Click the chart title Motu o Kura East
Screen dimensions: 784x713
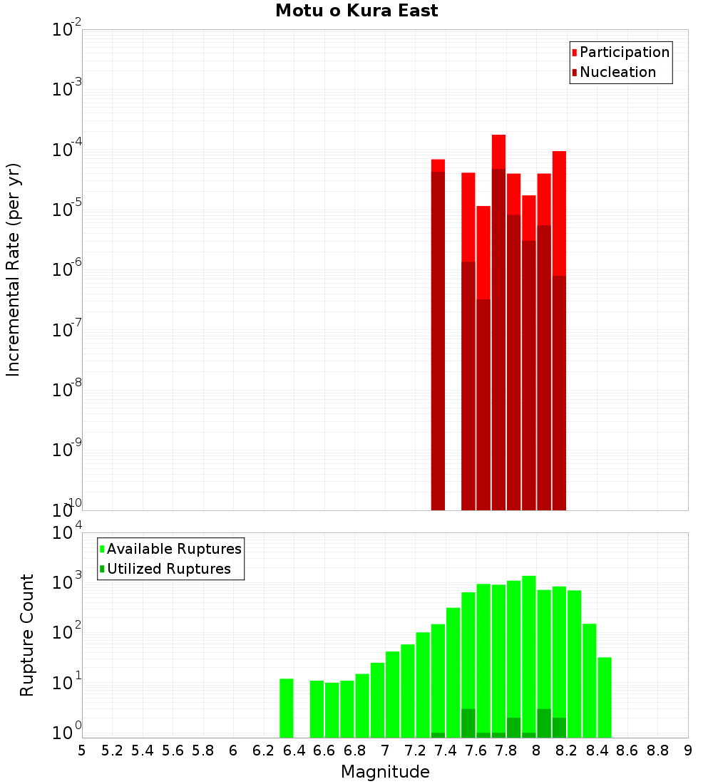click(x=356, y=11)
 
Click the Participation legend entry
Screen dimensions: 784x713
click(x=624, y=52)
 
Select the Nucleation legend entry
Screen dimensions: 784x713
click(x=617, y=72)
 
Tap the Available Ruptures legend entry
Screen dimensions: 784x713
click(x=173, y=549)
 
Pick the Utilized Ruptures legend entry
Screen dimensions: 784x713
click(x=168, y=569)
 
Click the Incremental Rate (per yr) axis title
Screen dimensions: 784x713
click(x=13, y=269)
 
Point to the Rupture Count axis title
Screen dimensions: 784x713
click(x=26, y=635)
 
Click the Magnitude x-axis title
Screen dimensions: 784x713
click(x=385, y=772)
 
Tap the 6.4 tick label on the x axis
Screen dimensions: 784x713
click(x=294, y=751)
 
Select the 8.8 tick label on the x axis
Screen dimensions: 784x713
click(x=657, y=751)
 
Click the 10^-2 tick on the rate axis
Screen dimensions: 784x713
click(x=67, y=30)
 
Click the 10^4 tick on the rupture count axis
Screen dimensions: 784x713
click(x=67, y=533)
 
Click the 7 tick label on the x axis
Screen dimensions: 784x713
click(x=385, y=751)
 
